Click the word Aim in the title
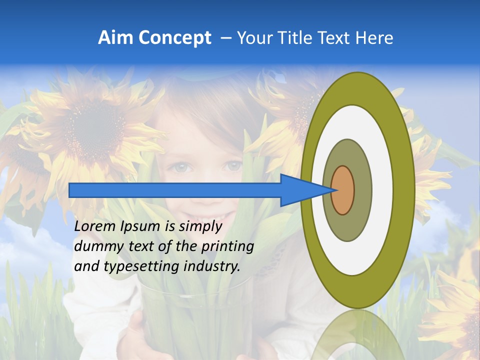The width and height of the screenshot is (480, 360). point(116,38)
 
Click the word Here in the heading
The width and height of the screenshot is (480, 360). point(374,38)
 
